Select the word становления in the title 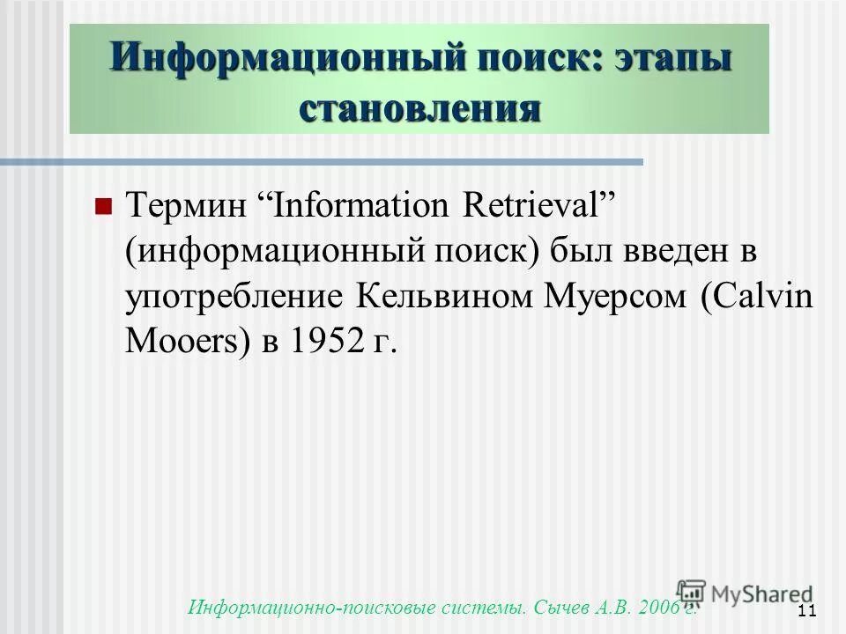pyautogui.click(x=419, y=108)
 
